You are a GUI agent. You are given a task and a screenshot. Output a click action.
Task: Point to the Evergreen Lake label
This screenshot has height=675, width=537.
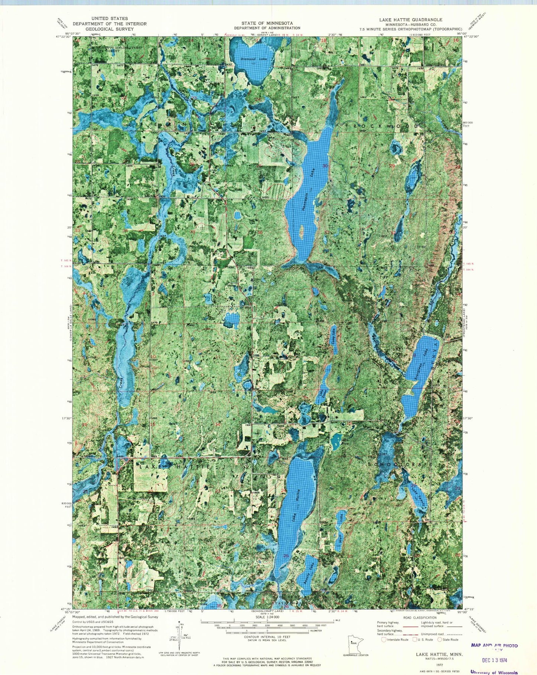pyautogui.click(x=421, y=365)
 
